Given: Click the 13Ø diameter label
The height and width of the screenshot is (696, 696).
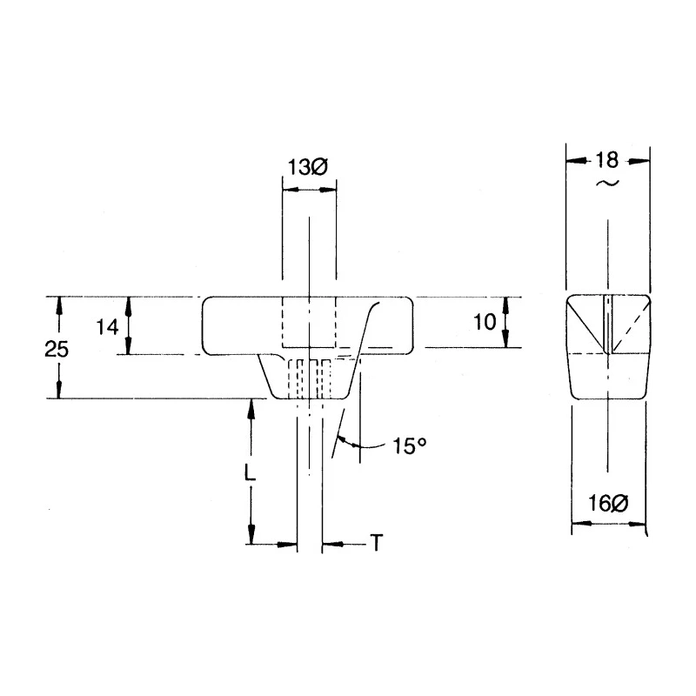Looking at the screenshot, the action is pyautogui.click(x=308, y=168).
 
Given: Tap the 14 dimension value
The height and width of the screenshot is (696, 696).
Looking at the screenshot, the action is pyautogui.click(x=107, y=328).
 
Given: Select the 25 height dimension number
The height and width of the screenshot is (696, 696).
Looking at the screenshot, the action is pyautogui.click(x=57, y=350).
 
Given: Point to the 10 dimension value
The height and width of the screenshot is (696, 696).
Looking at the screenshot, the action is pyautogui.click(x=485, y=322).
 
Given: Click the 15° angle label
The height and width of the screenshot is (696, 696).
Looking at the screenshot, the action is pyautogui.click(x=409, y=445).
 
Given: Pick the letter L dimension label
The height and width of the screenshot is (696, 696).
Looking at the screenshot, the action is pyautogui.click(x=251, y=473).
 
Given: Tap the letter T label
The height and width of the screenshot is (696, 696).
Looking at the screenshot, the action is pyautogui.click(x=377, y=543).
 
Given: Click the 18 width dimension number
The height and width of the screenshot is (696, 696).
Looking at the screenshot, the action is pyautogui.click(x=606, y=160).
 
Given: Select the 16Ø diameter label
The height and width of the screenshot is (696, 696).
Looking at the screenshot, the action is pyautogui.click(x=608, y=504).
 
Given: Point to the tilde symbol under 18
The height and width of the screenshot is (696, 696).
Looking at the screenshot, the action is pyautogui.click(x=607, y=183).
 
